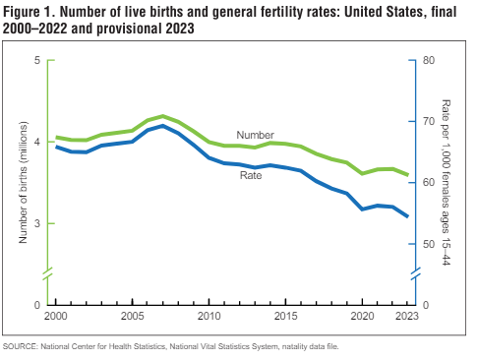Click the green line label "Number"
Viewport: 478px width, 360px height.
[x=255, y=135]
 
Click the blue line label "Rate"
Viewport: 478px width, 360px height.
[x=251, y=175]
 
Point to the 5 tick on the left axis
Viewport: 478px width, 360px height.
[x=36, y=61]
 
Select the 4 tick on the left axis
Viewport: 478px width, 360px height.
[x=36, y=143]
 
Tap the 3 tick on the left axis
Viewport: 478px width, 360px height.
[x=36, y=224]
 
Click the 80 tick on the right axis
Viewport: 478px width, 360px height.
[x=429, y=61]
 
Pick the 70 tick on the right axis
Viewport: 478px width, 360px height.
[x=429, y=122]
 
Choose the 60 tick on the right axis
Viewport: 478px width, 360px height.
[x=429, y=183]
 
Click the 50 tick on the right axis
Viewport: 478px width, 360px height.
[x=429, y=244]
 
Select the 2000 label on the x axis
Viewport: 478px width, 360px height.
[x=56, y=317]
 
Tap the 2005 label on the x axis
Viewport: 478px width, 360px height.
[x=132, y=317]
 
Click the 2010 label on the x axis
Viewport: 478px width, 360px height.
[x=209, y=317]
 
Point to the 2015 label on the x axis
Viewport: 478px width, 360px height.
[x=285, y=317]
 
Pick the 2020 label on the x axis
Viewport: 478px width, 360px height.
[x=362, y=317]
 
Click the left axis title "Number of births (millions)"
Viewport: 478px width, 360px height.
[x=23, y=183]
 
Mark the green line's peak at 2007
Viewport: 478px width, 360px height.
[x=163, y=116]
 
